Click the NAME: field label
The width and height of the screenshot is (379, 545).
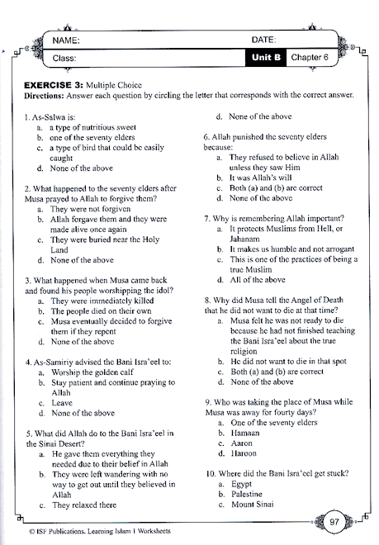tap(64, 39)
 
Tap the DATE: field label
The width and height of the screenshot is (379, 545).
tap(263, 39)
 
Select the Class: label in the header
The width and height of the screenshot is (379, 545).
tap(64, 58)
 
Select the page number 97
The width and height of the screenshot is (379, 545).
tap(334, 520)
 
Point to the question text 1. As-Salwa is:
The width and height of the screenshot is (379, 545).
tap(54, 118)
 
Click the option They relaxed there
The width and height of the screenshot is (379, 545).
tap(83, 505)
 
